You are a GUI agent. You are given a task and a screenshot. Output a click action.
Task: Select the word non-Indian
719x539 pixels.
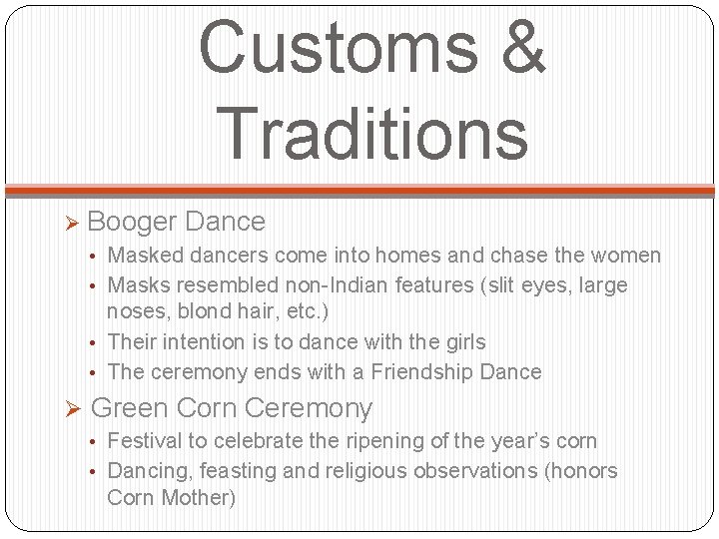pos(351,285)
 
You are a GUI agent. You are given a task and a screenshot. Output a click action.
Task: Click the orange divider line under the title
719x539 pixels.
pos(359,190)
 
